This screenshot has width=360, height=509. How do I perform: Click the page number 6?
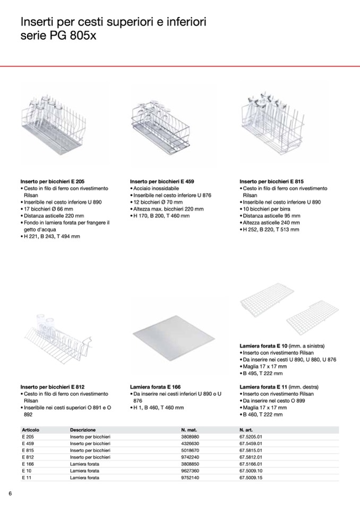coord(10,494)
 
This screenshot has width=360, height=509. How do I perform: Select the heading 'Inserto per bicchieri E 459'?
coord(162,182)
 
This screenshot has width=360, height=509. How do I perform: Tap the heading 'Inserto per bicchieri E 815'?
coord(271,182)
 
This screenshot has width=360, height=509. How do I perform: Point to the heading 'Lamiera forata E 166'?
coord(156,387)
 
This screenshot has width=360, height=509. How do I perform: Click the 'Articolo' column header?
coord(31,429)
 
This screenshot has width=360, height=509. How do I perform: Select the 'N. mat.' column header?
coord(190,429)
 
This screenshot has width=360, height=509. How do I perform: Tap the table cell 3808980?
coord(190,436)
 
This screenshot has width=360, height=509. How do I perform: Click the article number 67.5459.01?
coord(251,443)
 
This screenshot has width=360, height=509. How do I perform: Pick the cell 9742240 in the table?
coord(190,457)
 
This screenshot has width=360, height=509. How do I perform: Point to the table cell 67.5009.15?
coord(251,478)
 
